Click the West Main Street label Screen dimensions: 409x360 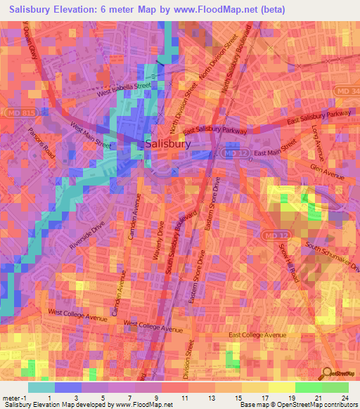click(90, 136)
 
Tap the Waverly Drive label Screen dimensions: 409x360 click(160, 242)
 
